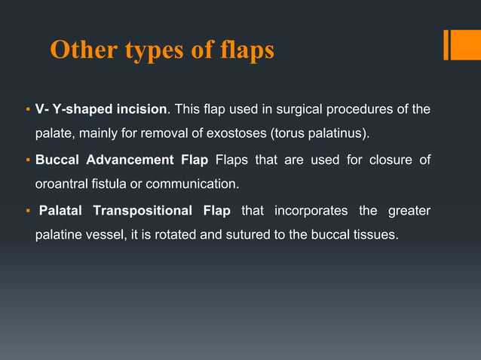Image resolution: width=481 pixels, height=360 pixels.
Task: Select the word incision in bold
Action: pyautogui.click(x=141, y=110)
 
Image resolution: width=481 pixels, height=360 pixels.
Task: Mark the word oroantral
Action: pyautogui.click(x=63, y=184)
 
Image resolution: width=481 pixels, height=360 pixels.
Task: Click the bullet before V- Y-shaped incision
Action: pyautogui.click(x=28, y=111)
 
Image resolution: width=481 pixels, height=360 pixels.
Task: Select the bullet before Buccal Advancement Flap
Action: pyautogui.click(x=28, y=160)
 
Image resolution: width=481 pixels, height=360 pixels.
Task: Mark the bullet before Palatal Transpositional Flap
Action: pyautogui.click(x=28, y=210)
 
